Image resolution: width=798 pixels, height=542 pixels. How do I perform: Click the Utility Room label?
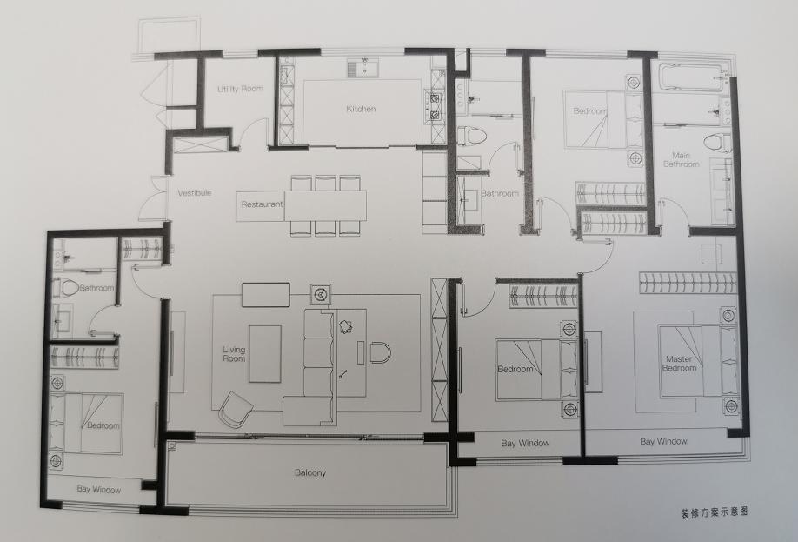pos(240,89)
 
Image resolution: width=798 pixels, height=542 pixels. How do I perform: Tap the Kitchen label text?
pos(361,109)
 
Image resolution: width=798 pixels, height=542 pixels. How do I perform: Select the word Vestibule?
pos(195,193)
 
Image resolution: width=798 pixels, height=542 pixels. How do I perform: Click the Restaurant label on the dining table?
pos(263,204)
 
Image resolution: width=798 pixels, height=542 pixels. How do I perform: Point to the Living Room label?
pos(234,354)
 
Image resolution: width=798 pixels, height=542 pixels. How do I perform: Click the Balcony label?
pos(310,472)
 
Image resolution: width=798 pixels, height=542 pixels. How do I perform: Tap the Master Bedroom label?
pos(680,363)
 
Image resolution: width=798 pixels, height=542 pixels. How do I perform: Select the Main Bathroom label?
pos(681,159)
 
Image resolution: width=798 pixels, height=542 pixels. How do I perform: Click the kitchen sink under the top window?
pos(362,68)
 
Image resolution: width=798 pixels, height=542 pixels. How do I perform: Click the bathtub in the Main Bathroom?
pos(691,77)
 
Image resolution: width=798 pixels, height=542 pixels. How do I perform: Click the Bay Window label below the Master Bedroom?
pos(663,441)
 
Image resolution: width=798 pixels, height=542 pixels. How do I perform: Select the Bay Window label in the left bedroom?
pos(99,489)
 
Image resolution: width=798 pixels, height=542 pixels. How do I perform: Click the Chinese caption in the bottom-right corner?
pos(714,512)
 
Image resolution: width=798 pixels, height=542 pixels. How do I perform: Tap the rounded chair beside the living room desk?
pos(380,353)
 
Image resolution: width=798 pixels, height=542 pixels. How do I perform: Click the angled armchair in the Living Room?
pos(236,409)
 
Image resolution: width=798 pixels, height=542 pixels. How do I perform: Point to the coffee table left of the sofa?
pos(264,353)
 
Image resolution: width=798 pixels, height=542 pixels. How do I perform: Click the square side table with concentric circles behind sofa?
pos(321,294)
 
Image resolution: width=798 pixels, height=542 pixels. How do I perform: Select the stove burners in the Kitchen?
pos(436,106)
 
